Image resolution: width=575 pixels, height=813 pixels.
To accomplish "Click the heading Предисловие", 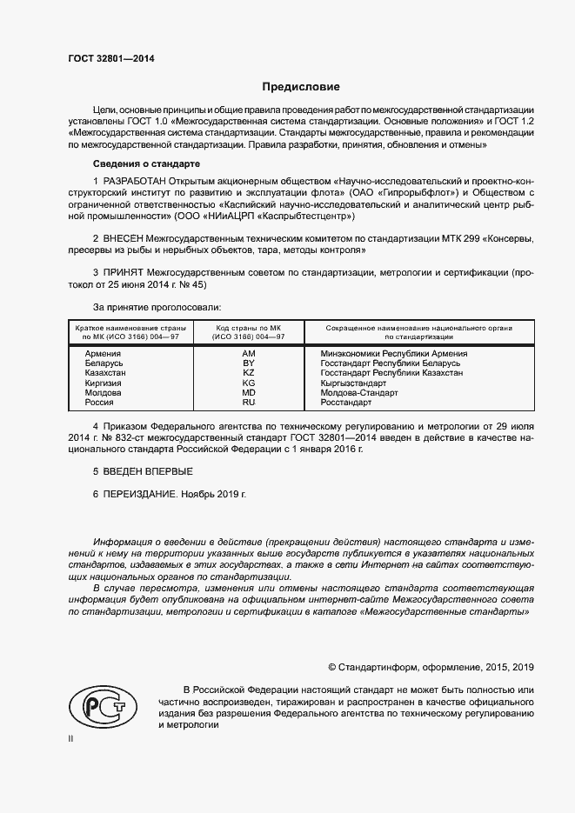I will click(x=302, y=87).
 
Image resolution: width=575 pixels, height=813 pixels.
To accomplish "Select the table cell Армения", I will click(x=104, y=354).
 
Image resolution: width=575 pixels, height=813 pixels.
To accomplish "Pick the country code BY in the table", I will click(x=249, y=363).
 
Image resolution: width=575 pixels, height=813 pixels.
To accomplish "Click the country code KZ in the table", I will click(x=249, y=373).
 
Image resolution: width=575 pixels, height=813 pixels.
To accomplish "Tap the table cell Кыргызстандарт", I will click(x=353, y=383).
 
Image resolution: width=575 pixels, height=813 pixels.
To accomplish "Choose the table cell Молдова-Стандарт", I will click(x=359, y=392).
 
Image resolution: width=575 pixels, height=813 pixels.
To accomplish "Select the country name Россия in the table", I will click(x=99, y=403).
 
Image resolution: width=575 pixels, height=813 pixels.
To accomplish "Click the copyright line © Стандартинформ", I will click(x=431, y=667).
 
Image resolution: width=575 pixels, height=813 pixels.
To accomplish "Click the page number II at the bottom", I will click(x=71, y=738).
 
